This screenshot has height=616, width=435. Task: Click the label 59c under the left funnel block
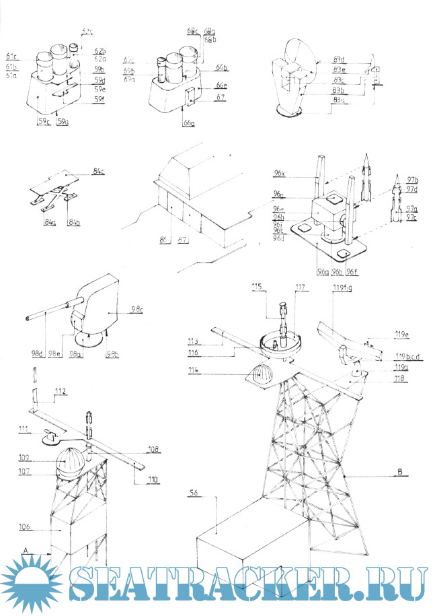pos(44,122)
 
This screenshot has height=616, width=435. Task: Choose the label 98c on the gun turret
pos(138,308)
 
